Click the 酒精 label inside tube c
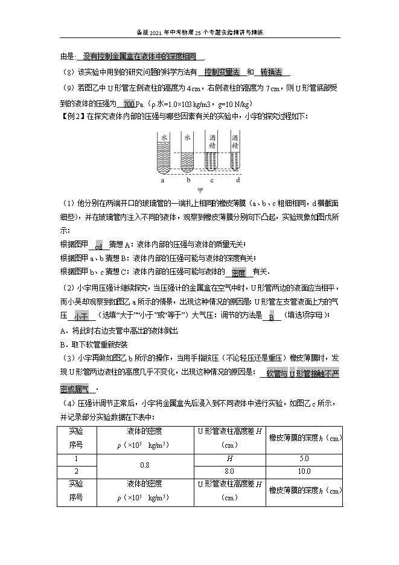coord(212,141)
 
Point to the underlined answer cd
coord(99,245)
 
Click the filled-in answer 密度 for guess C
coord(238,272)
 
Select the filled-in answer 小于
coord(81,316)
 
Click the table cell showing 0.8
coord(144,465)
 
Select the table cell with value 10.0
coord(304,471)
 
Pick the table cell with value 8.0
coord(229,471)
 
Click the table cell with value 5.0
coord(304,459)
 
